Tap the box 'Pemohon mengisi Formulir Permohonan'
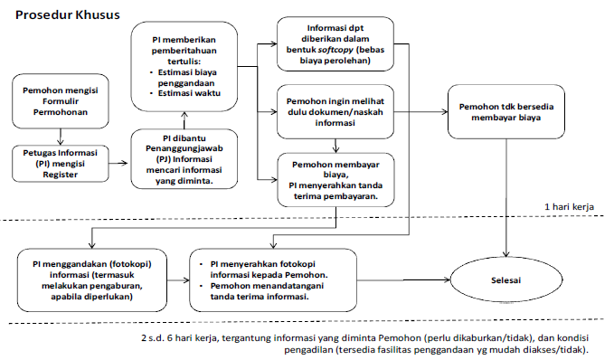[59, 103]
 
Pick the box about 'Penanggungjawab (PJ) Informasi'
[184, 159]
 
